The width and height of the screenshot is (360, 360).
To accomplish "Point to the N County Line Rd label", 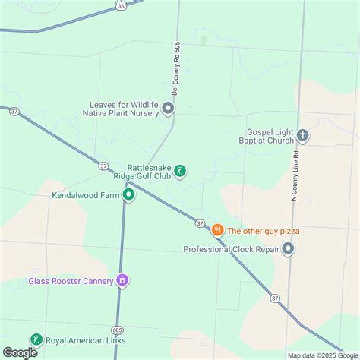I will [x=293, y=175].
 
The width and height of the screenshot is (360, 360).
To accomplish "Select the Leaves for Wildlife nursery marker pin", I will [x=168, y=109].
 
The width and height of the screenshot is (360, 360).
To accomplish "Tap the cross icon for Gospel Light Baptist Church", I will [x=303, y=136].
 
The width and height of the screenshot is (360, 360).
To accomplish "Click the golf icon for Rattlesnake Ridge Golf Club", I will [x=180, y=171].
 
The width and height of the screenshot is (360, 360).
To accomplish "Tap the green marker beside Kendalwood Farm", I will [x=129, y=194].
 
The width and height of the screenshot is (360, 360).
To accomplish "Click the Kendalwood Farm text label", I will [x=86, y=194].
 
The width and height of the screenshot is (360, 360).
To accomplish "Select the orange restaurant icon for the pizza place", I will [x=217, y=230].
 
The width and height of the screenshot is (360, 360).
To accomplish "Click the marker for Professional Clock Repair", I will [x=288, y=248].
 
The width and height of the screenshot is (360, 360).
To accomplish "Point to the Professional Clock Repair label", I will [x=231, y=249].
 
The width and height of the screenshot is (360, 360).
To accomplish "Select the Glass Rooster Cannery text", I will [x=71, y=281].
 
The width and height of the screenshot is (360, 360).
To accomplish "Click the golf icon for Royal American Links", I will [x=35, y=339].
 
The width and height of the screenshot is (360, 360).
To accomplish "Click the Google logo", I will [x=20, y=352].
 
